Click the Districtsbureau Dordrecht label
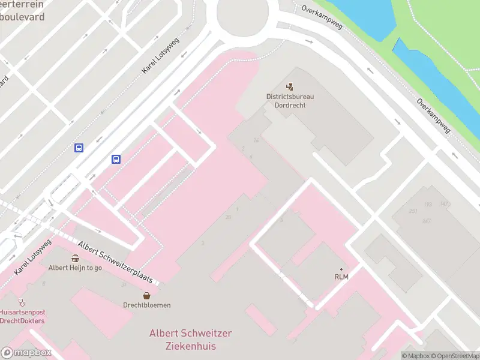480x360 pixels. click(290, 100)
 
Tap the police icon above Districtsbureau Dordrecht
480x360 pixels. click(290, 87)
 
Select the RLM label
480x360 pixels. click(341, 277)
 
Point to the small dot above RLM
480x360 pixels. click(341, 269)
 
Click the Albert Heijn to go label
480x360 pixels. click(75, 268)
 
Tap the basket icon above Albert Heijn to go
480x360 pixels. click(75, 259)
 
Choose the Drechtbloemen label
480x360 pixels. click(147, 305)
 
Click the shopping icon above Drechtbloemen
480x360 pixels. click(147, 295)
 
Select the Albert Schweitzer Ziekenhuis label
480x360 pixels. click(190, 340)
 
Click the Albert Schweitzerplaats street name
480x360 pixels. click(118, 262)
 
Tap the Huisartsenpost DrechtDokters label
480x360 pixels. click(22, 316)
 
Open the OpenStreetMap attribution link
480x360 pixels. click(454, 356)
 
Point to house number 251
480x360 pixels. click(412, 211)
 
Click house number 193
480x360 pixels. click(428, 205)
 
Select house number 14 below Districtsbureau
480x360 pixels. click(256, 140)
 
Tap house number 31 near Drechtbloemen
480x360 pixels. click(123, 284)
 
